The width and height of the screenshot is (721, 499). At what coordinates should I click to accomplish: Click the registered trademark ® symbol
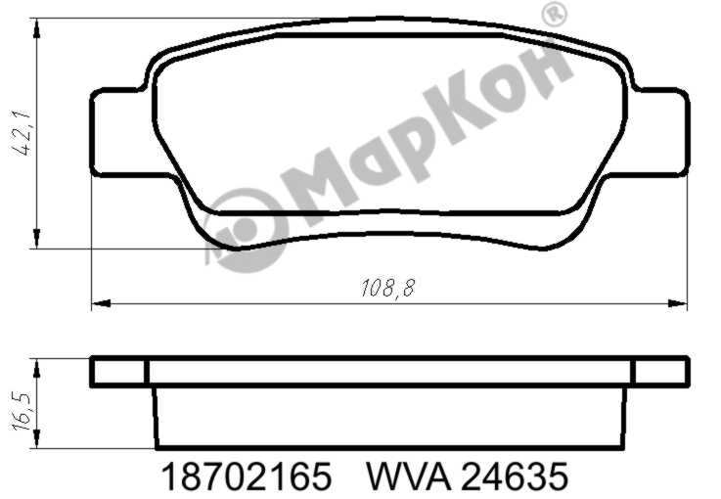point(554,15)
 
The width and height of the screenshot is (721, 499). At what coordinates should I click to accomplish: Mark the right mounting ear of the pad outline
point(661,133)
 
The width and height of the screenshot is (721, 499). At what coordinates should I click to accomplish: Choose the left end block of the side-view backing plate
point(118,372)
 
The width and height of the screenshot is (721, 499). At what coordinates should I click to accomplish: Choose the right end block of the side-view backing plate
point(660,372)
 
